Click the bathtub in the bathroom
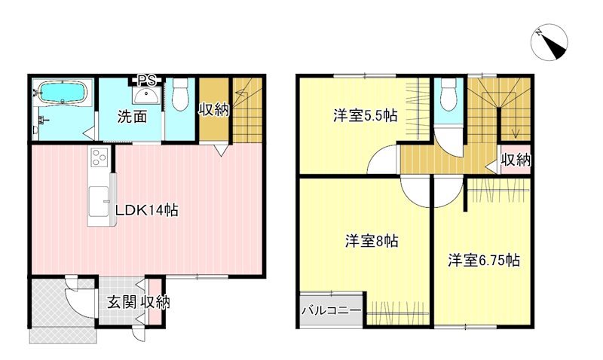(63, 93)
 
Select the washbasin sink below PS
(145, 95)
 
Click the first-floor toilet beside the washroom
(179, 94)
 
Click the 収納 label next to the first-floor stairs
(213, 110)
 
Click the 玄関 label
(122, 303)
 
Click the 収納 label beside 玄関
(155, 303)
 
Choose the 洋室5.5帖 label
(366, 116)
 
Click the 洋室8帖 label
(372, 242)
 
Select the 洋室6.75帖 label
(483, 261)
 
